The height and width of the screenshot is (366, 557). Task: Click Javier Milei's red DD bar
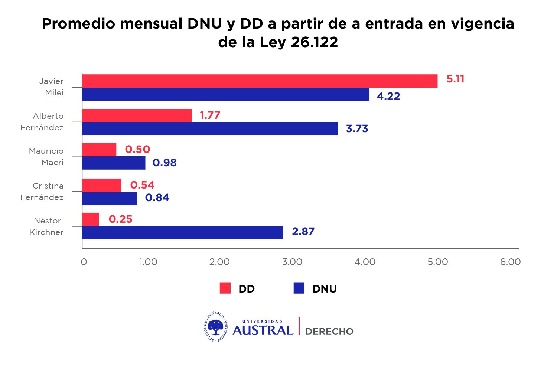click(260, 81)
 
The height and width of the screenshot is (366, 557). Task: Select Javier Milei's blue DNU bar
click(226, 94)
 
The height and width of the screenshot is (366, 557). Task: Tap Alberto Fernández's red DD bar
click(137, 115)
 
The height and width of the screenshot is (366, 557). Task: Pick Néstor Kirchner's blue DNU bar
click(182, 232)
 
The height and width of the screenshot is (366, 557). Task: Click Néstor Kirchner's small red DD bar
click(90, 219)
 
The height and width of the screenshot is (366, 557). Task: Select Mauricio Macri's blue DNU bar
click(114, 163)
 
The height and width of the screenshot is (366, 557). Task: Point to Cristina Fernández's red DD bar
click(101, 185)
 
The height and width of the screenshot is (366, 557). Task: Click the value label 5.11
click(455, 79)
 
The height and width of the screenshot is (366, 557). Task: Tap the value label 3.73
click(357, 128)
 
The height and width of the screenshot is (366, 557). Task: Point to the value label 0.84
click(157, 197)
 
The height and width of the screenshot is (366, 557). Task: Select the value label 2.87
click(303, 231)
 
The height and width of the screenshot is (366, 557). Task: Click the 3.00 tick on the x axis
click(292, 262)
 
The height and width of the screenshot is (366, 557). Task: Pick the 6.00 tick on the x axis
click(510, 262)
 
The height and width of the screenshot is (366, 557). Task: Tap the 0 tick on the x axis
click(84, 262)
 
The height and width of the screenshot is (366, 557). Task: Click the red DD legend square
click(225, 288)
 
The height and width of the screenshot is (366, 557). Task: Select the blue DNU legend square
click(299, 288)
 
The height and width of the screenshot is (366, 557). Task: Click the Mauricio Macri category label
click(46, 157)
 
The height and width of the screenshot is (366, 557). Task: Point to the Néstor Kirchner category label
click(47, 226)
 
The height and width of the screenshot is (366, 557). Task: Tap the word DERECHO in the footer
click(329, 331)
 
